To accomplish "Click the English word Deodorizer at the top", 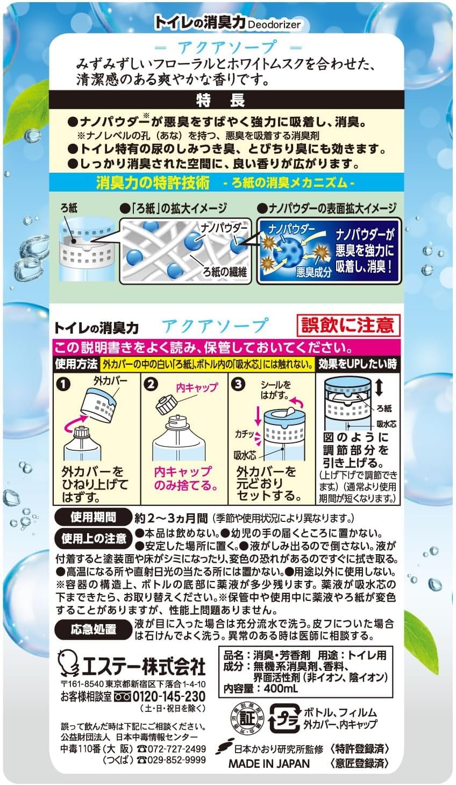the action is pyautogui.click(x=274, y=25).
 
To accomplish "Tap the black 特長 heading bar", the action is pyautogui.click(x=226, y=101).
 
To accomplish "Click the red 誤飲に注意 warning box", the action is pyautogui.click(x=347, y=325).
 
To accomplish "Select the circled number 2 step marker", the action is pyautogui.click(x=151, y=384).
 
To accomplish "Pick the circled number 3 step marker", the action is pyautogui.click(x=238, y=384).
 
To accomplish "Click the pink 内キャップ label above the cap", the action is pyautogui.click(x=196, y=387).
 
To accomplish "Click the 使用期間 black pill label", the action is pyautogui.click(x=93, y=517).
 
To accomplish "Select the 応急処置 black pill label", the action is pyautogui.click(x=93, y=629).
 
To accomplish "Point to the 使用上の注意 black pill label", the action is pyautogui.click(x=94, y=538).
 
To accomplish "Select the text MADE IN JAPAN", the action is pyautogui.click(x=269, y=763).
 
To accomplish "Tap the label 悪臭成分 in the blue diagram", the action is pyautogui.click(x=313, y=272).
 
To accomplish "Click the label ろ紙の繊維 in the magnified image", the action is pyautogui.click(x=225, y=272).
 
